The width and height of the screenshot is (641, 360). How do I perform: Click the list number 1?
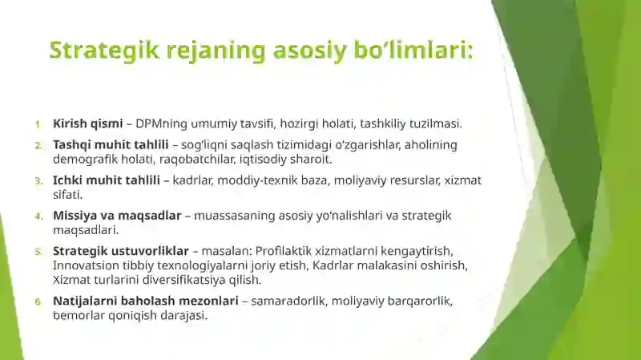[x=38, y=124]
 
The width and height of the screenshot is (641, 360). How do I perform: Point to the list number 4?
[x=38, y=216]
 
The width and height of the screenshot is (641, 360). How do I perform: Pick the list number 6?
[x=38, y=301]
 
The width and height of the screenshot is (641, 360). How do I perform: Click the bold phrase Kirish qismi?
[x=87, y=123]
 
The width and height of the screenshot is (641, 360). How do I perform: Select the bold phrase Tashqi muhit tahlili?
[x=111, y=144]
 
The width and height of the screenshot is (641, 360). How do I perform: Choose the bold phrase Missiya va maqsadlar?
[x=117, y=216]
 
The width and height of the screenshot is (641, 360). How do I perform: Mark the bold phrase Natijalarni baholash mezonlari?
[x=145, y=301]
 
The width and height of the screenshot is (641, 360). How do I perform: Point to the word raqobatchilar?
[x=200, y=159]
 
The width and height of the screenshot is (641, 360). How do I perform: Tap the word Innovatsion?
[x=86, y=265]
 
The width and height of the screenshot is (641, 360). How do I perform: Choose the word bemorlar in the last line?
[x=77, y=315]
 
